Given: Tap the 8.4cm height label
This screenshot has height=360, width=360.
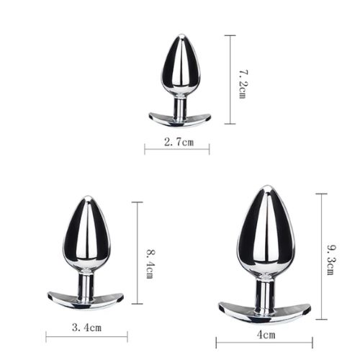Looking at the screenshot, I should pyautogui.click(x=150, y=264).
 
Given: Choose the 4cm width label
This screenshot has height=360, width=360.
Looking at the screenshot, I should pyautogui.click(x=266, y=334).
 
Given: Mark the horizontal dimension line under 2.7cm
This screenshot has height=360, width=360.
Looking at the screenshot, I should pyautogui.click(x=176, y=150).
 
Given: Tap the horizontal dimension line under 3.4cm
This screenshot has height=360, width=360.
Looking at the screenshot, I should pyautogui.click(x=86, y=336).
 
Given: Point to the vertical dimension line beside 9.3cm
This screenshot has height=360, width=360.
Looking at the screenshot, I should pyautogui.click(x=320, y=256).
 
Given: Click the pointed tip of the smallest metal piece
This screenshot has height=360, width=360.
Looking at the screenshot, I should pyautogui.click(x=177, y=36).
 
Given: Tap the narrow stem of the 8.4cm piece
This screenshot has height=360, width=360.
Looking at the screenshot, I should pyautogui.click(x=86, y=284).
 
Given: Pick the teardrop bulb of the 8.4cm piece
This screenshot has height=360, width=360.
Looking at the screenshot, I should pyautogui.click(x=86, y=234).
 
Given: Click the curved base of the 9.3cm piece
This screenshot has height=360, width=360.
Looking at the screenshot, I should pyautogui.click(x=265, y=312).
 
